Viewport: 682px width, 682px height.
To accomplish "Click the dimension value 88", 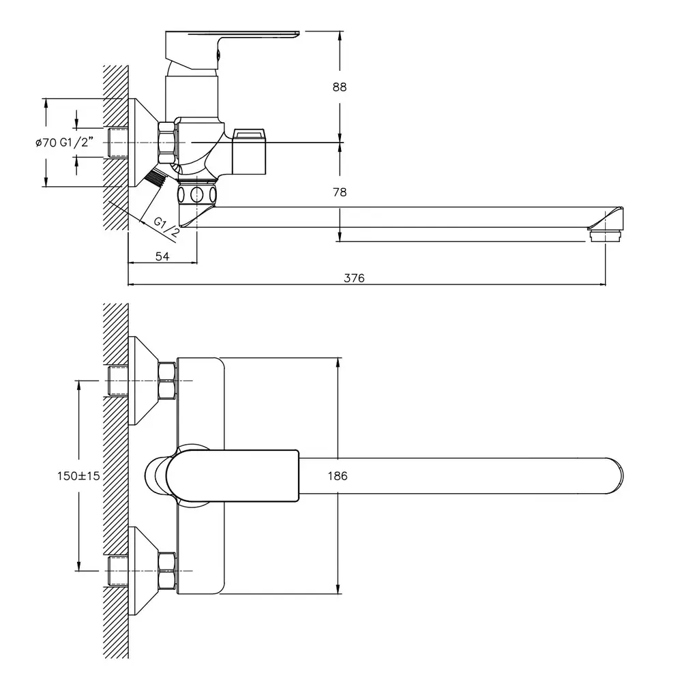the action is pyautogui.click(x=339, y=87).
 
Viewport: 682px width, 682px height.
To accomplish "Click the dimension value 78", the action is pyautogui.click(x=339, y=192).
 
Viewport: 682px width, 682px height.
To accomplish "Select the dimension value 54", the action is pyautogui.click(x=162, y=256).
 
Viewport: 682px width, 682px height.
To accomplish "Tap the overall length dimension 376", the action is pyautogui.click(x=354, y=278).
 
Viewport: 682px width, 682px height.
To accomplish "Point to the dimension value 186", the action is pyautogui.click(x=338, y=476).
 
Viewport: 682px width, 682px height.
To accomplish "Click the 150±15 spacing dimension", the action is pyautogui.click(x=78, y=476).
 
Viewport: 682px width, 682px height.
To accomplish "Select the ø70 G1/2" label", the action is pyautogui.click(x=64, y=143).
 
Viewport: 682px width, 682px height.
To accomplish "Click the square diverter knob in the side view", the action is pyautogui.click(x=249, y=151).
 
